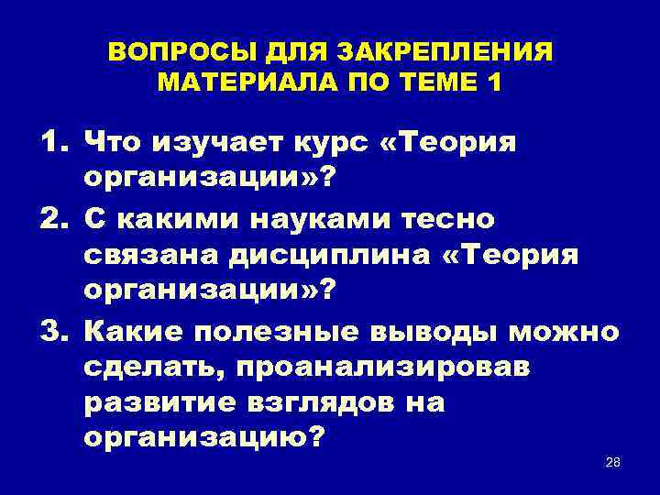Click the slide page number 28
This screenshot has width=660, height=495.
(613, 461)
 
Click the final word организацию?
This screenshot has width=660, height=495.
(203, 439)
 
